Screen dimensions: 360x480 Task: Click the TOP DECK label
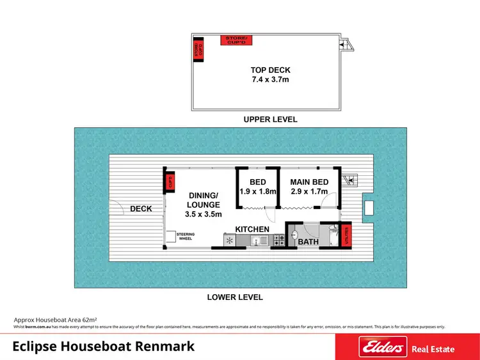269,70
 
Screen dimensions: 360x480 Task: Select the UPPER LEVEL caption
270,120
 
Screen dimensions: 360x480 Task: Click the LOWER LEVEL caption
235,297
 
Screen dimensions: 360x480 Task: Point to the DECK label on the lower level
141,209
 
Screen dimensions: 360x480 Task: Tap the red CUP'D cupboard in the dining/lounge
170,183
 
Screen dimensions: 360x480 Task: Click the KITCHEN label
252,229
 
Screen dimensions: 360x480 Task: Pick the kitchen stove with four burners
279,241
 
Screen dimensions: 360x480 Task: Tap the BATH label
308,242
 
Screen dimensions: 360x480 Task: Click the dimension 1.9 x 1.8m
258,191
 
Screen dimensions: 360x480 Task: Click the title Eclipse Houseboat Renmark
104,347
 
